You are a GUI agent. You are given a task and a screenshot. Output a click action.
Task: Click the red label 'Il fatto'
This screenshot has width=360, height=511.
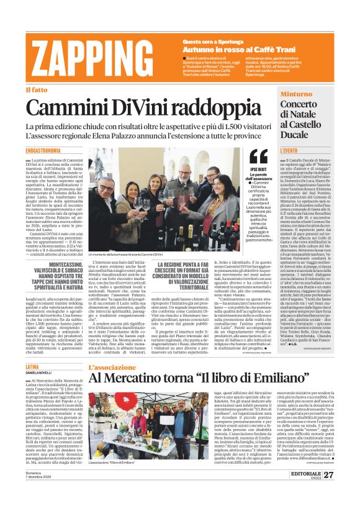pyautogui.click(x=35, y=90)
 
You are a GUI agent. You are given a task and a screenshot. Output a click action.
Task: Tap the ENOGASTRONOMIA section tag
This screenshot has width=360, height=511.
pyautogui.click(x=43, y=151)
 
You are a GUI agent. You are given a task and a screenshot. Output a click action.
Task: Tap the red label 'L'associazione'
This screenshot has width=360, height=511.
pyautogui.click(x=112, y=350)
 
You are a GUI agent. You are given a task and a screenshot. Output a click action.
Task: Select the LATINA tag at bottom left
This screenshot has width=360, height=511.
pyautogui.click(x=32, y=350)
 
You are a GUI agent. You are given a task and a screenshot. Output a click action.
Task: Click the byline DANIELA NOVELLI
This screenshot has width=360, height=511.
pyautogui.click(x=38, y=356)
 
